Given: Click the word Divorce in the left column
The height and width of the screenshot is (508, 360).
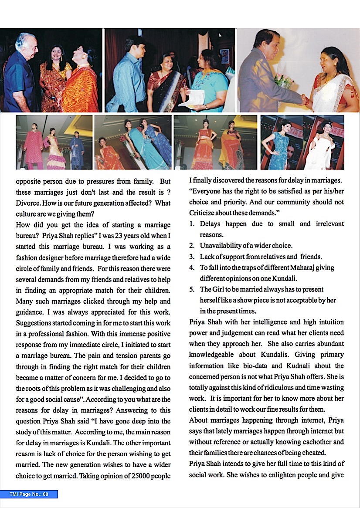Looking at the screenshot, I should coord(27,203).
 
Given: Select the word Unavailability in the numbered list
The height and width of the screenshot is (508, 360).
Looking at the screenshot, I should coord(220,246).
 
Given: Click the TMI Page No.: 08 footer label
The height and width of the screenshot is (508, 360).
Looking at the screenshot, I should coord(29,494).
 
